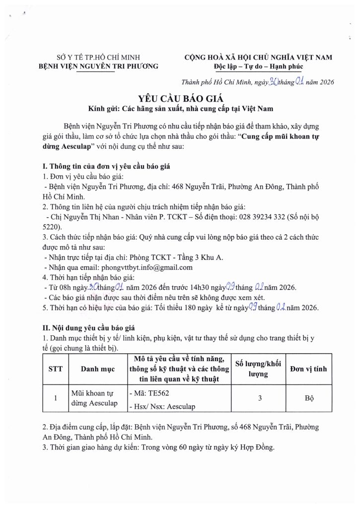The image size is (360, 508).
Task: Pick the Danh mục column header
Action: (x=98, y=369)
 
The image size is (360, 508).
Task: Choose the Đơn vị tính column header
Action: (x=313, y=369)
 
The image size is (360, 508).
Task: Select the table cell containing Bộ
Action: (x=313, y=398)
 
